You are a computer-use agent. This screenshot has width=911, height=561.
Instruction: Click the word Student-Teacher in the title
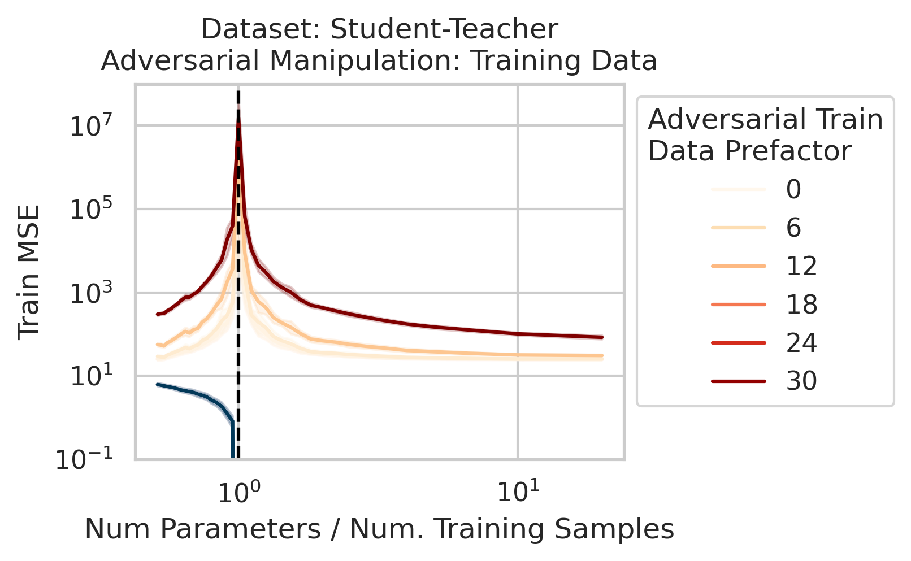pyautogui.click(x=444, y=29)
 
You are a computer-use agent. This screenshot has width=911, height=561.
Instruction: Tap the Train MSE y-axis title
pyautogui.click(x=29, y=272)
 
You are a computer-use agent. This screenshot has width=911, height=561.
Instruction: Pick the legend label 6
pyautogui.click(x=793, y=228)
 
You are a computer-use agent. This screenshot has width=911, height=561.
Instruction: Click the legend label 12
pyautogui.click(x=801, y=266)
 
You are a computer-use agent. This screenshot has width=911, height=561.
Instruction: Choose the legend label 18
pyautogui.click(x=801, y=305)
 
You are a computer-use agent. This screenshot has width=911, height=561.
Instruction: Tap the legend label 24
pyautogui.click(x=801, y=343)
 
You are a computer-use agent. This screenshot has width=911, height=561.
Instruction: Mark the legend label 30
pyautogui.click(x=801, y=381)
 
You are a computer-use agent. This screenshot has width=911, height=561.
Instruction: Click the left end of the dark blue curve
pyautogui.click(x=158, y=384)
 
